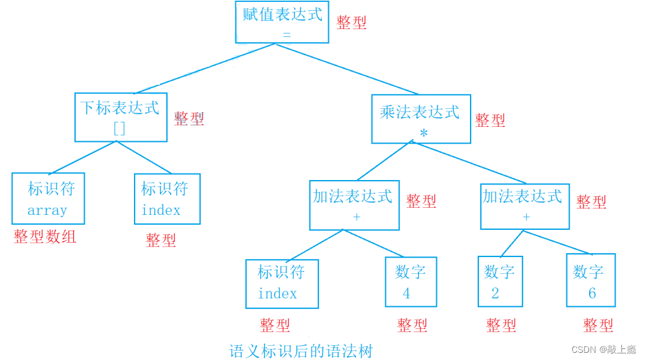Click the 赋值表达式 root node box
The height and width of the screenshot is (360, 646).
coord(282,23)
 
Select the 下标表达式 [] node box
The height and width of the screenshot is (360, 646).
coord(121,117)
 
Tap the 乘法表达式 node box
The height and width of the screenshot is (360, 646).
coord(421,119)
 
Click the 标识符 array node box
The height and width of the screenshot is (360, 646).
coord(48,199)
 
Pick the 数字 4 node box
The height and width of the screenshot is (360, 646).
coord(410,282)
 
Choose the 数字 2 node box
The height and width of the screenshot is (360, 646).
coord(500,282)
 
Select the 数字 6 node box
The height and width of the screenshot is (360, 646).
coord(590,280)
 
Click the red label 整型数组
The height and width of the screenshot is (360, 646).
coord(45,237)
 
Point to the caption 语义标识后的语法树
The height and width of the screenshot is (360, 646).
coord(301,352)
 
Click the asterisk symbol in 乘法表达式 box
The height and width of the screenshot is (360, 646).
coord(423,133)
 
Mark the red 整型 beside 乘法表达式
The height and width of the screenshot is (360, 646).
coord(490,120)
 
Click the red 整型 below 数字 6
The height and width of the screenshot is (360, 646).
coord(597,325)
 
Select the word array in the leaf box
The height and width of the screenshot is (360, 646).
coord(47,210)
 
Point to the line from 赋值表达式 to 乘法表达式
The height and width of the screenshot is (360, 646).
coord(350,69)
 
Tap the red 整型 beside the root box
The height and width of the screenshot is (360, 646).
coord(351,23)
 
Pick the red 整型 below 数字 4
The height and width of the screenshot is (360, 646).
coord(412,325)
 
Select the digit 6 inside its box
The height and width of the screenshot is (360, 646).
coord(592,293)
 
